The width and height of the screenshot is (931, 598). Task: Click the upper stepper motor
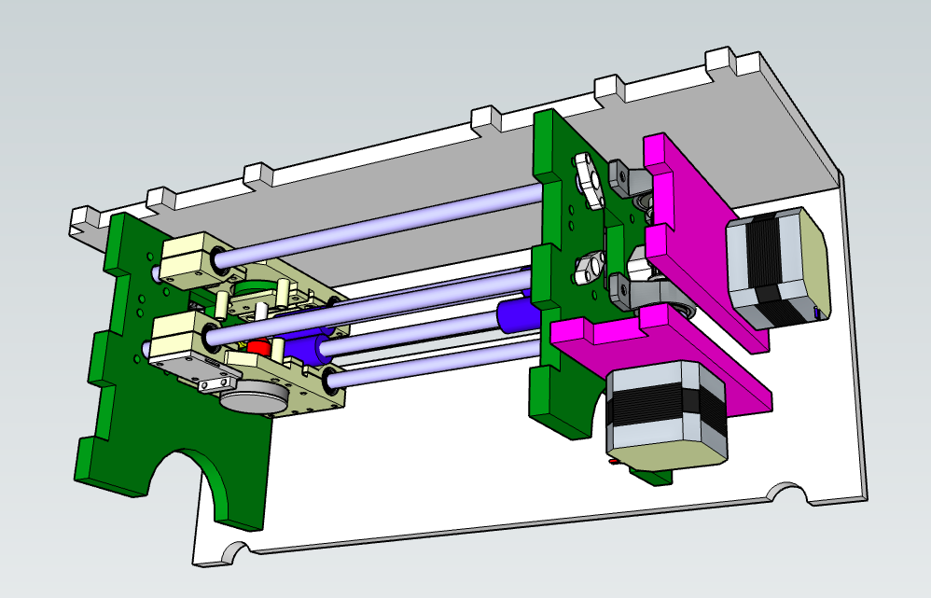776,269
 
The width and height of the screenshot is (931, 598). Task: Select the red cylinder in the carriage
258,348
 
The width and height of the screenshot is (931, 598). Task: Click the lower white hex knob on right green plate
586,270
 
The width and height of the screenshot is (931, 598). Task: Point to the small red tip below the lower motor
612,462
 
